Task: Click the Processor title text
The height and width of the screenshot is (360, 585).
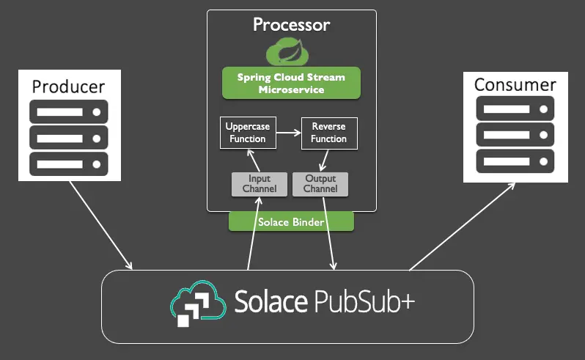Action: [x=291, y=25]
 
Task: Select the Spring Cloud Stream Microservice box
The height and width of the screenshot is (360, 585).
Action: [x=291, y=83]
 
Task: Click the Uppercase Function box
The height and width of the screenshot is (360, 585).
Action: [x=247, y=133]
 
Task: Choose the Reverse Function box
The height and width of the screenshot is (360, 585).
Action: [x=328, y=133]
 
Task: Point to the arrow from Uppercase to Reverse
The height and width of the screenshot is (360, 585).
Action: [x=287, y=133]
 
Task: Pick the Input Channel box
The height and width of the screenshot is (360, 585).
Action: [x=259, y=184]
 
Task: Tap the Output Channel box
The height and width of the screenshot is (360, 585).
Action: [x=320, y=184]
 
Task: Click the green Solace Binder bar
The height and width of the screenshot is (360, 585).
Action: [x=291, y=221]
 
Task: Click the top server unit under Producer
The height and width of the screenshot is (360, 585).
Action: [x=69, y=113]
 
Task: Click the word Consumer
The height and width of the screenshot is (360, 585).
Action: [x=515, y=84]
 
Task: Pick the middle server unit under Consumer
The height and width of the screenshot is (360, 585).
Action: [x=515, y=133]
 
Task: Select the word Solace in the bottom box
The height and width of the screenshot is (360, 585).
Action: [x=270, y=301]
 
